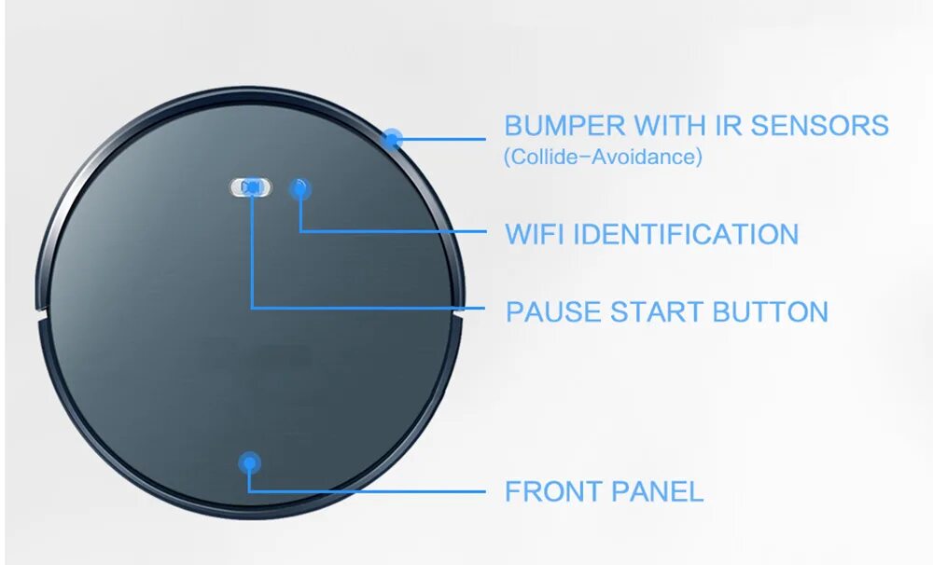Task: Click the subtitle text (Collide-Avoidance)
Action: [603, 156]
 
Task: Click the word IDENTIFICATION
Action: [685, 233]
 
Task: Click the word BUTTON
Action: [771, 311]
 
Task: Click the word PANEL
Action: [658, 491]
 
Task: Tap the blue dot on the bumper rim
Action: [393, 140]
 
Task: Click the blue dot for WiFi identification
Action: [299, 187]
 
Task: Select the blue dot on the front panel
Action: [249, 462]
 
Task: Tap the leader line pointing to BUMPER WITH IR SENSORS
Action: [443, 140]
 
